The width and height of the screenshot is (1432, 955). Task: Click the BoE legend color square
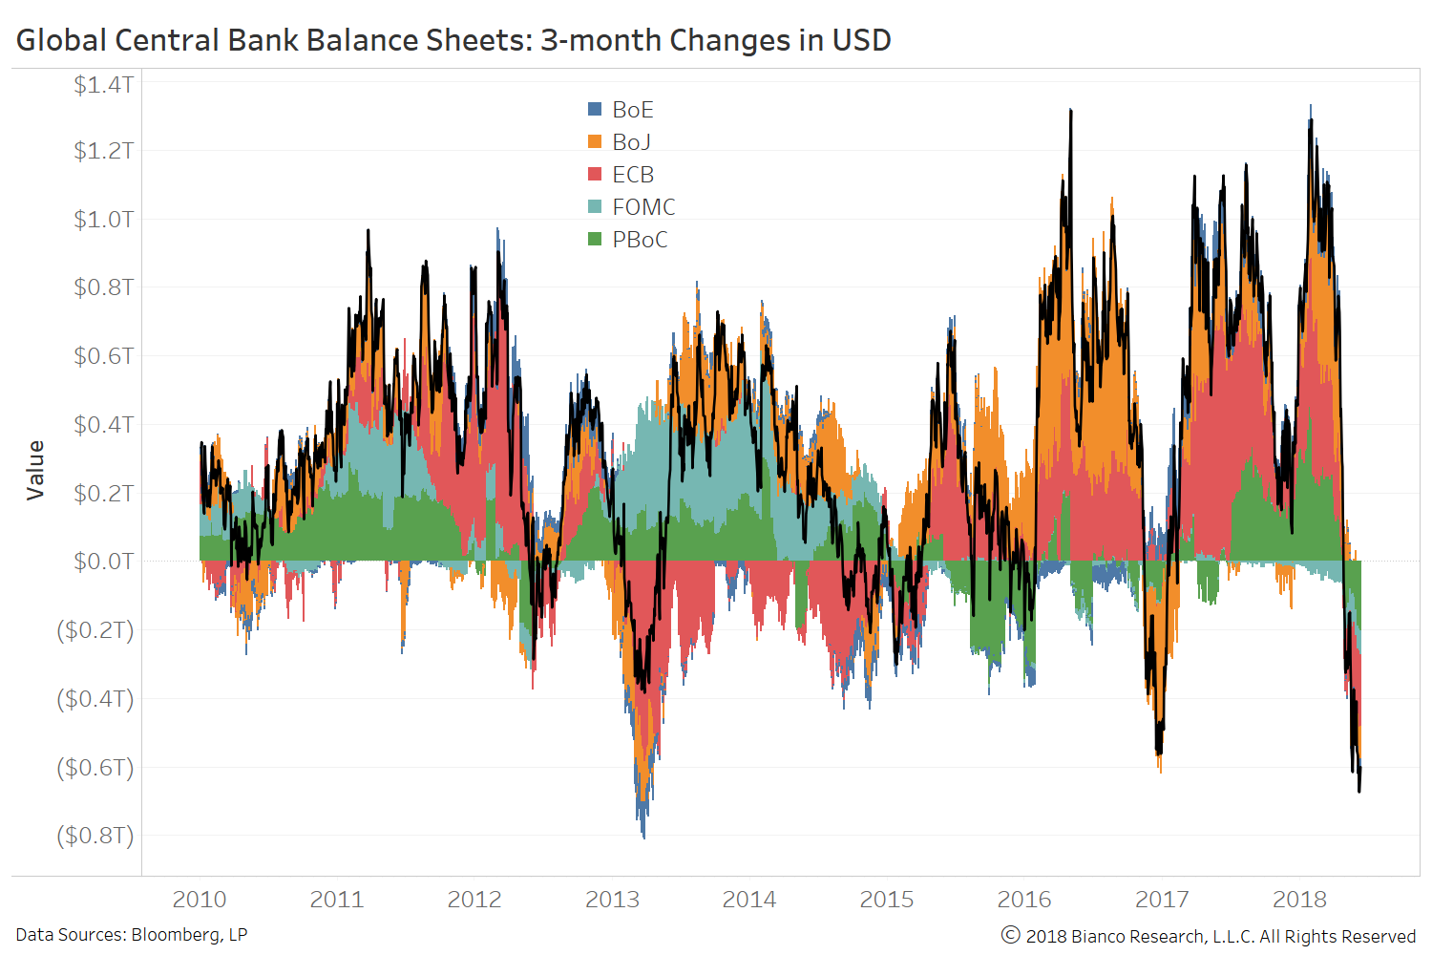(595, 110)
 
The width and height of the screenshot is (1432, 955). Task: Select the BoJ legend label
(631, 142)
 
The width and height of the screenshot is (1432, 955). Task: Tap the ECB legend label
(633, 175)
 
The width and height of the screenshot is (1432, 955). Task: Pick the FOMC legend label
(643, 207)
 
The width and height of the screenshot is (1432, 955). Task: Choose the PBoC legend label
(640, 240)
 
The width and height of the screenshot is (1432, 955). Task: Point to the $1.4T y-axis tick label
(103, 85)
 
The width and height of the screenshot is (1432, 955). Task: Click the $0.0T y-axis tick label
(103, 562)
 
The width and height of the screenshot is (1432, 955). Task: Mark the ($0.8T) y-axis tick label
(95, 836)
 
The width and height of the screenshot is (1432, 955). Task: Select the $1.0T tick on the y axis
(103, 219)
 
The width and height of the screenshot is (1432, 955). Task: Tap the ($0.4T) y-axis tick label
(95, 698)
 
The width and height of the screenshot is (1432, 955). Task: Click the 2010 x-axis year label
(200, 900)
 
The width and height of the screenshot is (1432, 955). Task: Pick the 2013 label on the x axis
(612, 900)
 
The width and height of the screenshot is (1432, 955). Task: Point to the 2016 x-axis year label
(1024, 900)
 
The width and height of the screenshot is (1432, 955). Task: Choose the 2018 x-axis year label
(1299, 900)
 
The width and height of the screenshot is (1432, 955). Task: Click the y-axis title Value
(35, 470)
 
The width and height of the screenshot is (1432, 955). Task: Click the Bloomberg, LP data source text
(189, 935)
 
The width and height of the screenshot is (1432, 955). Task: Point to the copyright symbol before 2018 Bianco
(1010, 935)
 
